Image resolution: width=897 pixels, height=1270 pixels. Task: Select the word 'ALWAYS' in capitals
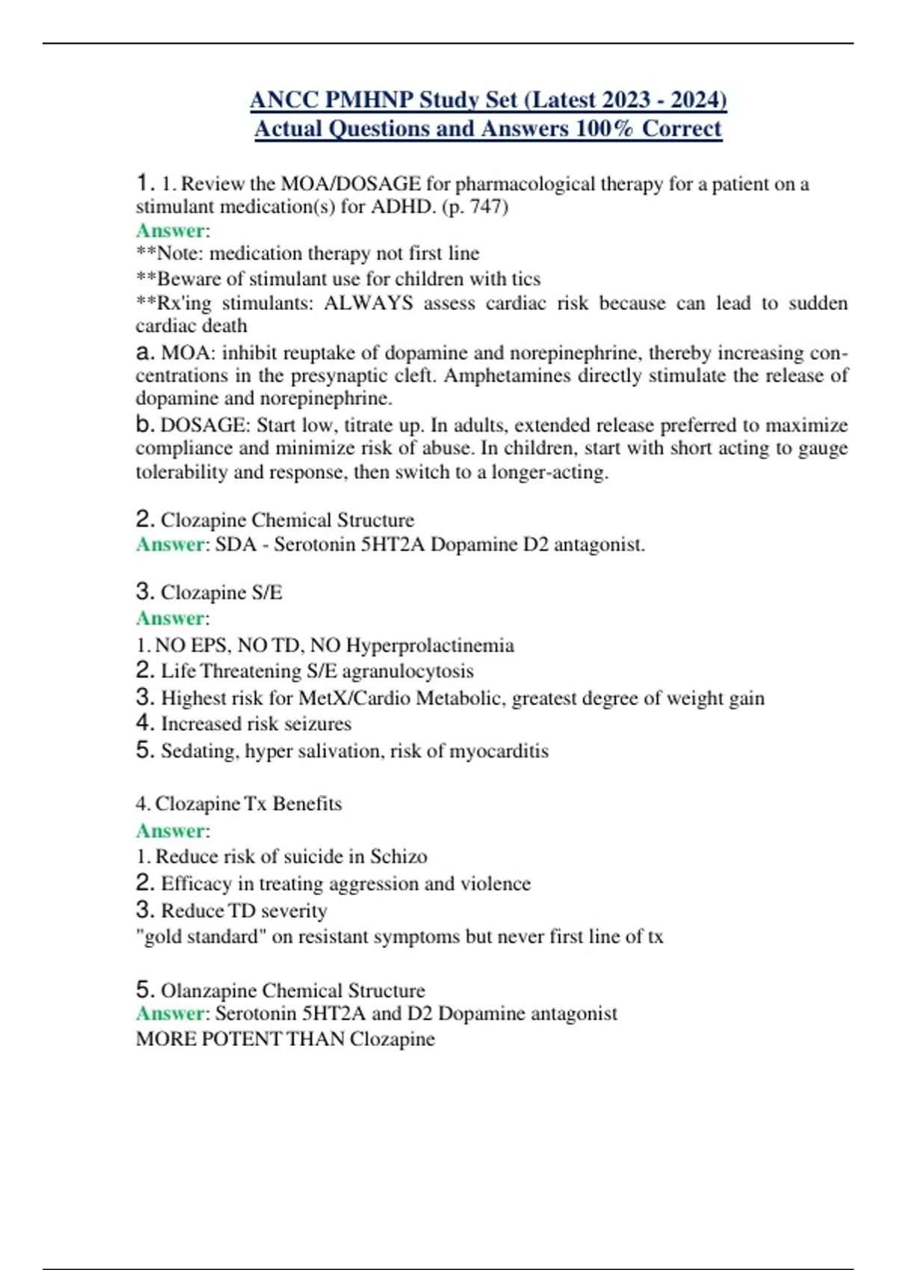tap(368, 303)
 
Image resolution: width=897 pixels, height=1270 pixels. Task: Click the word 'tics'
tap(526, 279)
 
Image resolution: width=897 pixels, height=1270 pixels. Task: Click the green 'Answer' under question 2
tap(170, 545)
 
